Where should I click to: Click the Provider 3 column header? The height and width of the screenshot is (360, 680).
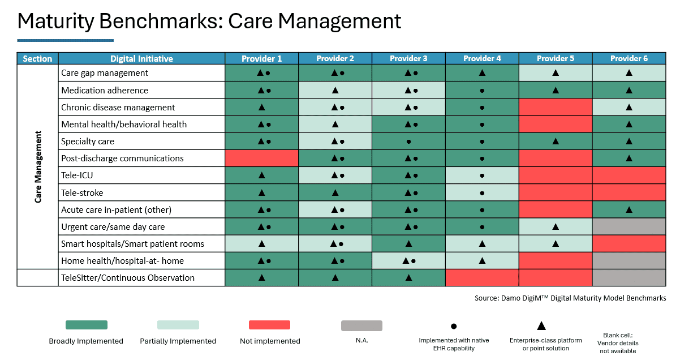pyautogui.click(x=408, y=58)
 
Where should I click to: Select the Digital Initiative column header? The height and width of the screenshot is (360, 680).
pyautogui.click(x=141, y=58)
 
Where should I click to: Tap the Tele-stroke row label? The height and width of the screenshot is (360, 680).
pyautogui.click(x=82, y=192)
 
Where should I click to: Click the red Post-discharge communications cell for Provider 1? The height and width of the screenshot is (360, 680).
pyautogui.click(x=261, y=158)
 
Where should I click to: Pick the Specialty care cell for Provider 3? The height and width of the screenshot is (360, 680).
pyautogui.click(x=408, y=142)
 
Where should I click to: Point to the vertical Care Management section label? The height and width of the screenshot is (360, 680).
pyautogui.click(x=38, y=167)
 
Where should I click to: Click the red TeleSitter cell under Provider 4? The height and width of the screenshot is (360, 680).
pyautogui.click(x=482, y=278)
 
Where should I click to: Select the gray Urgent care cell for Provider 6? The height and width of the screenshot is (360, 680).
pyautogui.click(x=629, y=227)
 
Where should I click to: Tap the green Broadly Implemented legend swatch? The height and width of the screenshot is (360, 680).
pyautogui.click(x=87, y=325)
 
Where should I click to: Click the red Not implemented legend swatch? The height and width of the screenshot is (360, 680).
pyautogui.click(x=269, y=325)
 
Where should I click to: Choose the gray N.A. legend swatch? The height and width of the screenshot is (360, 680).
pyautogui.click(x=361, y=325)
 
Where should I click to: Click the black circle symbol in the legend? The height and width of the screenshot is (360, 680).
pyautogui.click(x=454, y=326)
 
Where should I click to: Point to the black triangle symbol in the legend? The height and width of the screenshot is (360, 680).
pyautogui.click(x=541, y=325)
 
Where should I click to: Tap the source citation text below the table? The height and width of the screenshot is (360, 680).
pyautogui.click(x=570, y=298)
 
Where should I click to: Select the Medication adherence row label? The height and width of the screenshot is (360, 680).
pyautogui.click(x=105, y=90)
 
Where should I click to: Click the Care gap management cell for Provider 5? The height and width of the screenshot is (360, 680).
pyautogui.click(x=556, y=73)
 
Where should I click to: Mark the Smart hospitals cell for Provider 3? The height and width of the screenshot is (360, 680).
pyautogui.click(x=408, y=244)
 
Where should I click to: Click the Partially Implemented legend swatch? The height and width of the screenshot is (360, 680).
pyautogui.click(x=178, y=325)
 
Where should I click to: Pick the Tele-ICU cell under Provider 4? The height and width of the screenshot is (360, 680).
pyautogui.click(x=482, y=175)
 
